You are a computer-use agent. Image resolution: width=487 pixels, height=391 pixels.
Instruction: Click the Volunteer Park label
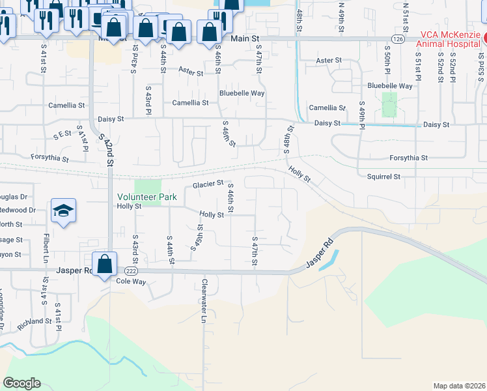click(x=146, y=196)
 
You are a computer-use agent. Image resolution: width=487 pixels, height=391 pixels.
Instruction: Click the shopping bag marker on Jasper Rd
click(x=104, y=264)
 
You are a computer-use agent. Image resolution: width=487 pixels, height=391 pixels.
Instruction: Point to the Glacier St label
click(x=208, y=185)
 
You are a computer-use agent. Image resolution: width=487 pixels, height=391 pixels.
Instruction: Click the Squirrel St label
click(x=383, y=177)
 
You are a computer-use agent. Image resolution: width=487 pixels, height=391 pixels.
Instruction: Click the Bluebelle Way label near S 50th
click(x=390, y=86)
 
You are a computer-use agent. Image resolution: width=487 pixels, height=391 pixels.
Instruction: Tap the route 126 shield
click(x=398, y=39)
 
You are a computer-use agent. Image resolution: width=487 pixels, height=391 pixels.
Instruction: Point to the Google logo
click(x=21, y=383)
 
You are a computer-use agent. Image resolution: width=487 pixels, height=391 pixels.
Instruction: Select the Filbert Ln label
click(x=46, y=246)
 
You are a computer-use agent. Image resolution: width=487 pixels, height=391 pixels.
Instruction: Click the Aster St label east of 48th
click(x=328, y=61)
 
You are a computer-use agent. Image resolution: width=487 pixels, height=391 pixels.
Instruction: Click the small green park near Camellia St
click(x=389, y=104)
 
